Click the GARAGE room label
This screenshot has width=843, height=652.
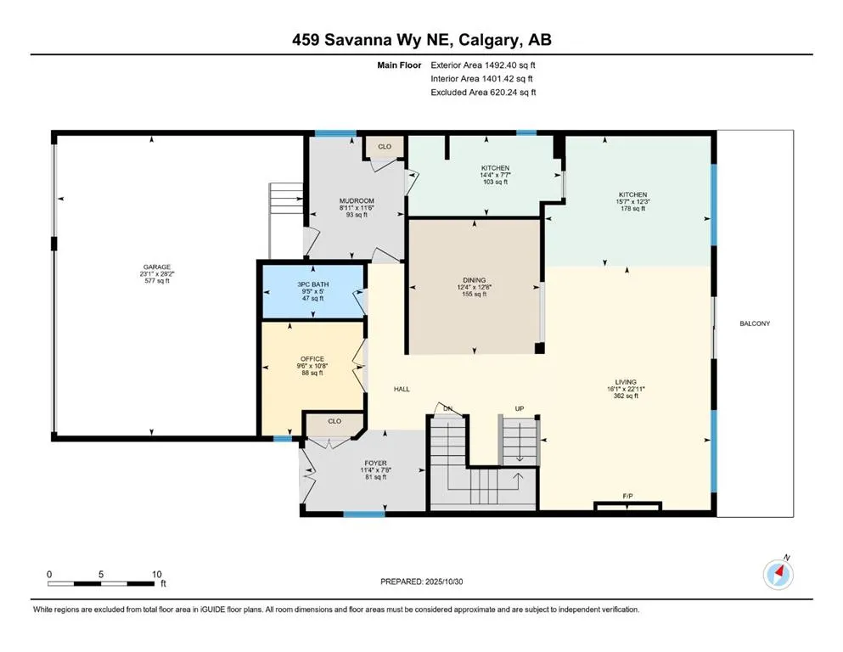[x=156, y=267]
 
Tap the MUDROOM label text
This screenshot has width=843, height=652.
[x=357, y=201]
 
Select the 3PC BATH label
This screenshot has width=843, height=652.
[x=313, y=284]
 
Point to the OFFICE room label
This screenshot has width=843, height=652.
[x=312, y=359]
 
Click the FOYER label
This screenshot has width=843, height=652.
[x=375, y=464]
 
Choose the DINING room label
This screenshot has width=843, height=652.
[x=475, y=280]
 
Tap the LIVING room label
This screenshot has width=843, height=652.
[x=626, y=382]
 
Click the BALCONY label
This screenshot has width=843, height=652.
[x=755, y=323]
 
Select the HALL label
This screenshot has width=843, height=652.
[x=402, y=389]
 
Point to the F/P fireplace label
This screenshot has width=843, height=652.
[x=627, y=496]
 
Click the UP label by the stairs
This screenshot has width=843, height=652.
[x=520, y=408]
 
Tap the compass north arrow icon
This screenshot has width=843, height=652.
[x=778, y=575]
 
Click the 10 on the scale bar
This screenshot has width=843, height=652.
[x=156, y=574]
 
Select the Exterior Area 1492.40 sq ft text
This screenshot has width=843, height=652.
[x=483, y=65]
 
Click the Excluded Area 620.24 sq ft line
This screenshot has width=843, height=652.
[x=483, y=92]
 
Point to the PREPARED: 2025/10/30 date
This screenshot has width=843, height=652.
[x=421, y=582]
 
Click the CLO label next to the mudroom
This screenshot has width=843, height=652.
[x=385, y=147]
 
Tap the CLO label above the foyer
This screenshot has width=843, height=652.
[x=334, y=421]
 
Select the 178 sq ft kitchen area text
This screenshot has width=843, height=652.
[x=632, y=209]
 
